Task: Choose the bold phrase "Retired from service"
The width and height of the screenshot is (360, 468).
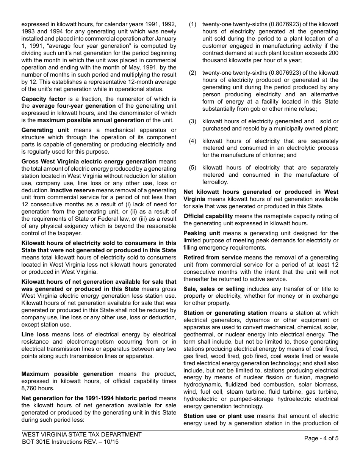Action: coord(213,258)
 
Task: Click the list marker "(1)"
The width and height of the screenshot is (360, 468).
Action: coord(193,24)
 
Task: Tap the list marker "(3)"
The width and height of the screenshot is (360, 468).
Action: coord(193,121)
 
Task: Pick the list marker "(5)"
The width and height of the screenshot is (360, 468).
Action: coord(193,168)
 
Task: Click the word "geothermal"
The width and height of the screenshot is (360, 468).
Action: coord(198,335)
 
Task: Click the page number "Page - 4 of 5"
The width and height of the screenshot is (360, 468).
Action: coord(321,438)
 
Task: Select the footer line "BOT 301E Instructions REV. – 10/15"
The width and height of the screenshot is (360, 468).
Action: coord(70,442)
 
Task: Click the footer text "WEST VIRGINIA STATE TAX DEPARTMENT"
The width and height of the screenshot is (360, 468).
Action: coord(82,435)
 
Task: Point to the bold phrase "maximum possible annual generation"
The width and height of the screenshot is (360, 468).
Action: coord(91,120)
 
